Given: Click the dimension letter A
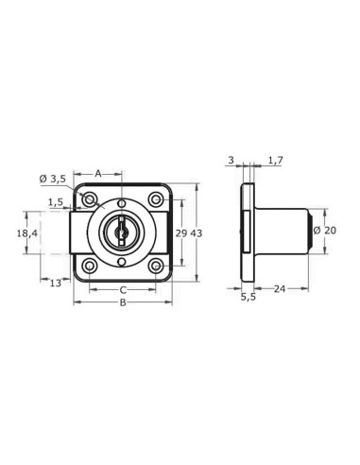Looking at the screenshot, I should tap(99, 173).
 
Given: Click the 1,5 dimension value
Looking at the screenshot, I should tap(56, 201).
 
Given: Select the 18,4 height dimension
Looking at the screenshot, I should tap(26, 232).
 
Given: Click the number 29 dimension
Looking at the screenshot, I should tap(181, 232).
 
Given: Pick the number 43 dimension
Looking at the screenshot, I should tap(197, 232).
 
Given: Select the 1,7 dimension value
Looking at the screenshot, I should tap(275, 162).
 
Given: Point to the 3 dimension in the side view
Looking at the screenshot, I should tap(231, 162).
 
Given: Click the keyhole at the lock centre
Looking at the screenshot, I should tap(121, 232).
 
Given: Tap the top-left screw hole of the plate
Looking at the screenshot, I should tap(90, 200).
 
